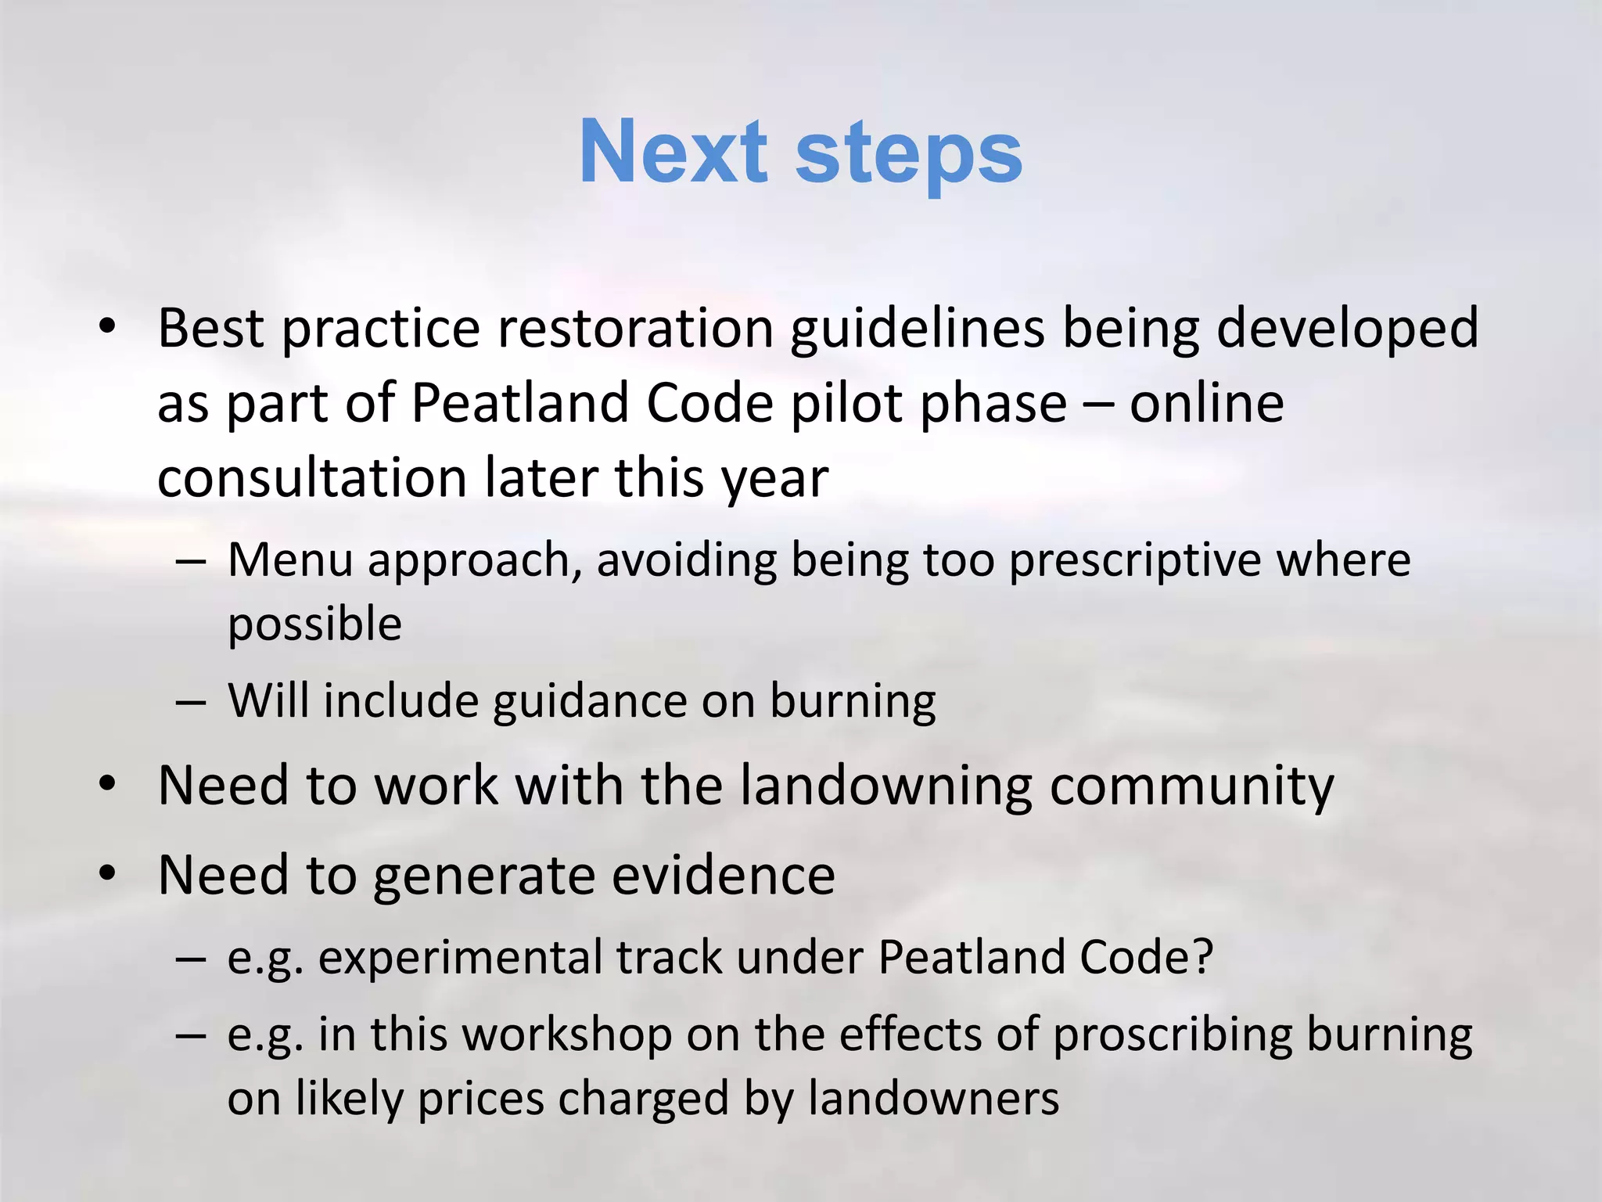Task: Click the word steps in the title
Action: [909, 154]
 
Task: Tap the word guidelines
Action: [917, 329]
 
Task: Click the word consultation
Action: [311, 477]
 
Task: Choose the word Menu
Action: [290, 560]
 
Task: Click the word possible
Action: [314, 624]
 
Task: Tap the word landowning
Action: [885, 785]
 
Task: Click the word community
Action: [1191, 786]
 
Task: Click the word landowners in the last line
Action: [933, 1098]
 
